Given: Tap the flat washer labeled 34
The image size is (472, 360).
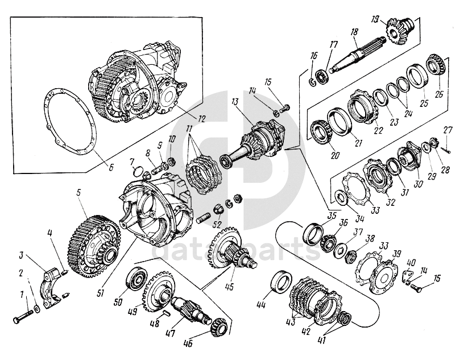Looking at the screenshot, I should coord(341,198).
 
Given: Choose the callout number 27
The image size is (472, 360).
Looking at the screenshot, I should coord(449,130).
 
